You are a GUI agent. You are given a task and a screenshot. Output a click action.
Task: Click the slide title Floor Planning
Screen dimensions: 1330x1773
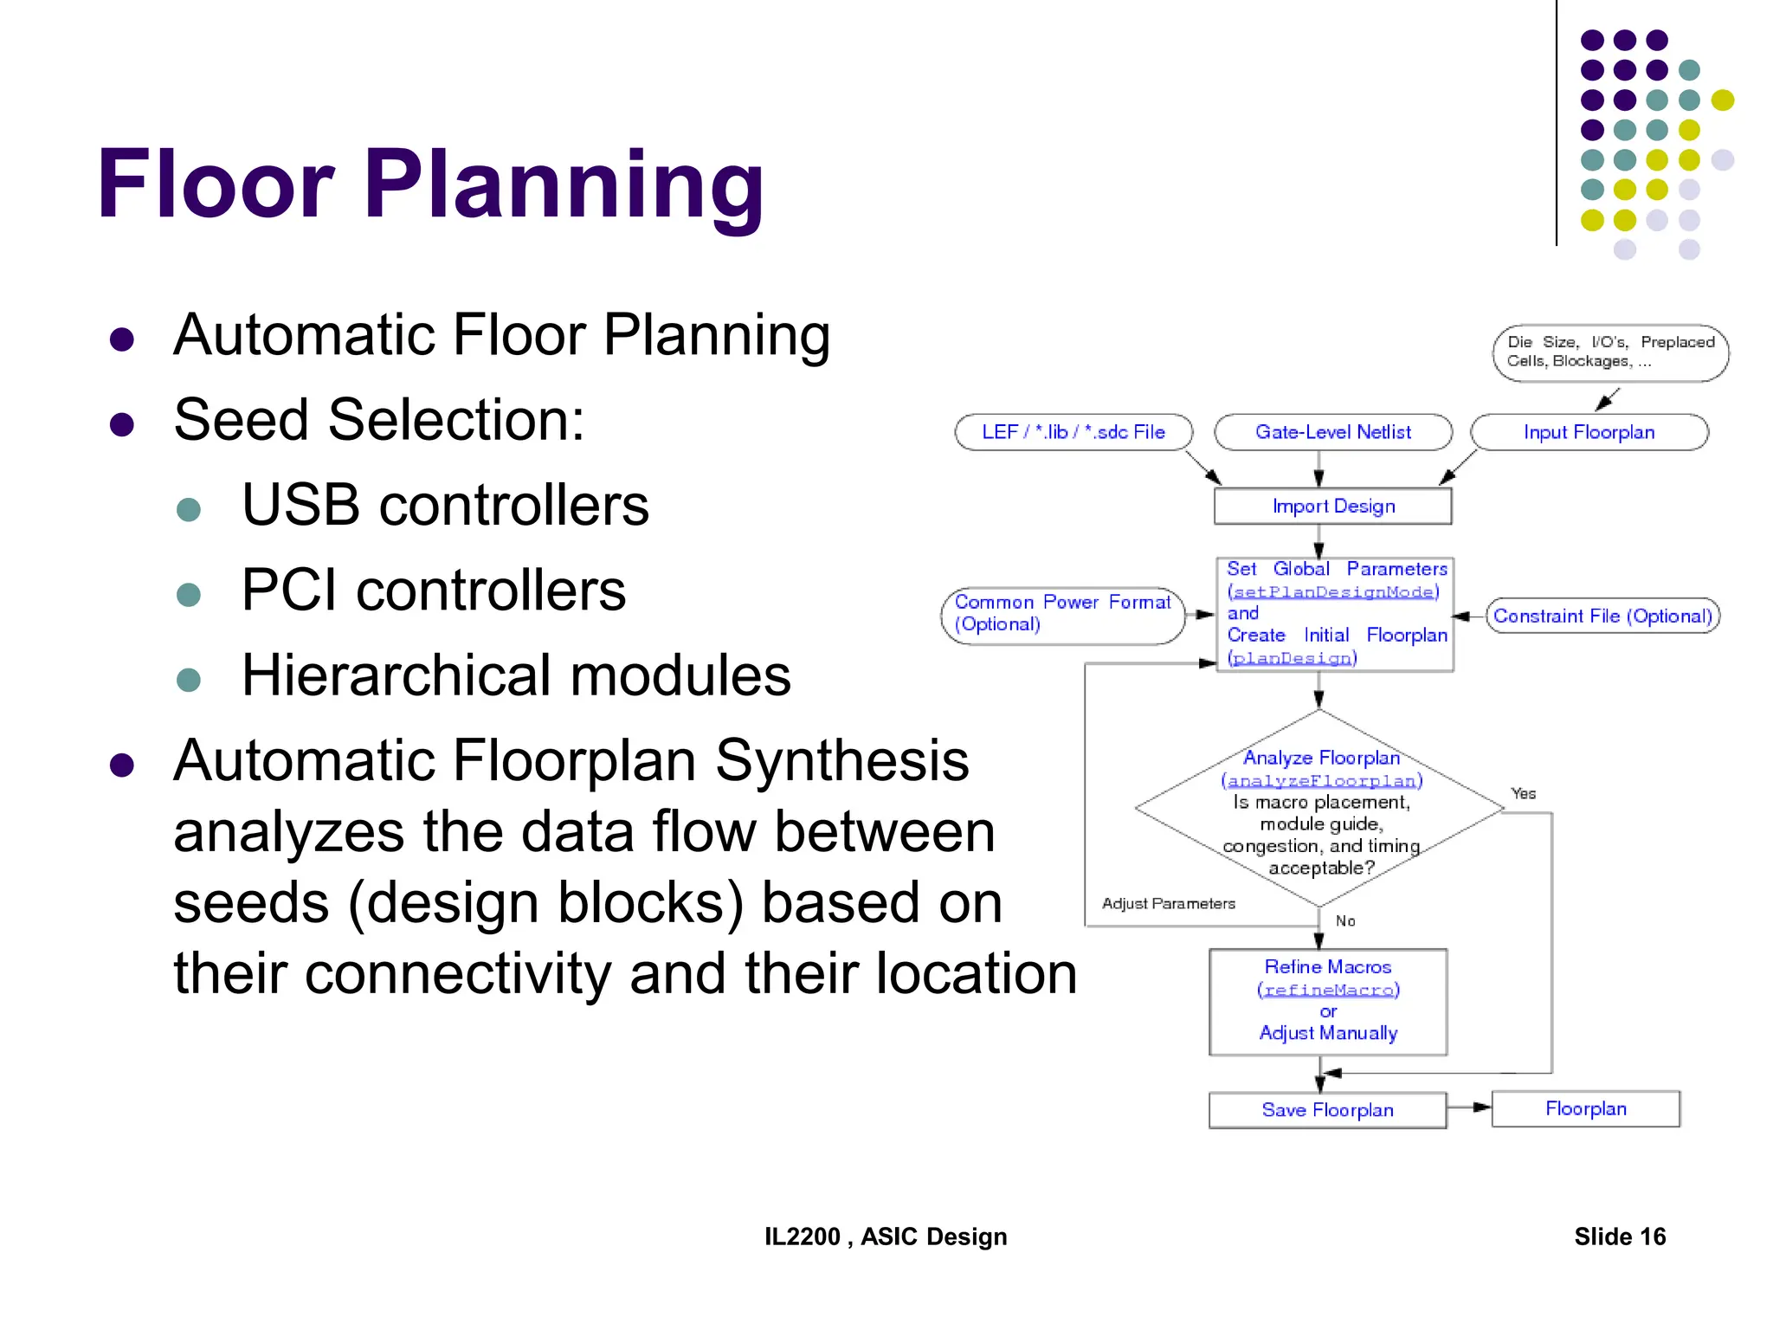430,184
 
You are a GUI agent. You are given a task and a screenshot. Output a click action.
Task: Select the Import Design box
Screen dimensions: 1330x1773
1332,507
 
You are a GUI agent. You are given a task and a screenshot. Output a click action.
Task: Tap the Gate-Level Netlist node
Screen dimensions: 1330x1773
1332,432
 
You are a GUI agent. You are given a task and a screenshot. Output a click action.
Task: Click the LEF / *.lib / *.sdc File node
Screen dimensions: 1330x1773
1073,432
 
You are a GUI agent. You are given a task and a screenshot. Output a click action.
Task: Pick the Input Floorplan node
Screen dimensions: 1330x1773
1589,432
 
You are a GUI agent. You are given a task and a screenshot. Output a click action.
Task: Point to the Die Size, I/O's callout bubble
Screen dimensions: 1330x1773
1609,352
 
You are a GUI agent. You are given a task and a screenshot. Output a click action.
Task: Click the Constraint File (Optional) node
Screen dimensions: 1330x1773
1602,616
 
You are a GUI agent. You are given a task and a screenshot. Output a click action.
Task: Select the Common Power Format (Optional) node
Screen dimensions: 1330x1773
1062,615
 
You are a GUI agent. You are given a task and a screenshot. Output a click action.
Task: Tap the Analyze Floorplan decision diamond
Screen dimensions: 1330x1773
1320,810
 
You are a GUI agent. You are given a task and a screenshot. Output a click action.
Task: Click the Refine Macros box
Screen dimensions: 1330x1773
1328,1002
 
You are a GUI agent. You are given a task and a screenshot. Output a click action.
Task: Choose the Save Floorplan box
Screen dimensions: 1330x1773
1327,1110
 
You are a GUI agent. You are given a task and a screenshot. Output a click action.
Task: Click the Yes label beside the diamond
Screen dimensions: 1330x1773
1523,793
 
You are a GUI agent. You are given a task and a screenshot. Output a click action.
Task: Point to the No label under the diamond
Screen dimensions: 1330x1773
1345,920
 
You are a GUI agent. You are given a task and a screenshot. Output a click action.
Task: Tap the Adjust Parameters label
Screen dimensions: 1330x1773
1168,903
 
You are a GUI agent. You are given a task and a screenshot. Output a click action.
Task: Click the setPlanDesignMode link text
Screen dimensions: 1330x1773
1333,592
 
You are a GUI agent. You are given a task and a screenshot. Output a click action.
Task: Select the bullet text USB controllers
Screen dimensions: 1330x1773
445,505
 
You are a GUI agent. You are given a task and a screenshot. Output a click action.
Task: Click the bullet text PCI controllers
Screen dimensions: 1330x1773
433,591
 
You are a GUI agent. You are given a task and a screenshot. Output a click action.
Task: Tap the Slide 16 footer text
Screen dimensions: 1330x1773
1619,1236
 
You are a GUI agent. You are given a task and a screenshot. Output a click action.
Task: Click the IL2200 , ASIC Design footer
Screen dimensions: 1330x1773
886,1236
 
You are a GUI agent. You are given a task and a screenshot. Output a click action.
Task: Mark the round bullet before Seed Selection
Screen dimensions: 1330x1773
122,424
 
